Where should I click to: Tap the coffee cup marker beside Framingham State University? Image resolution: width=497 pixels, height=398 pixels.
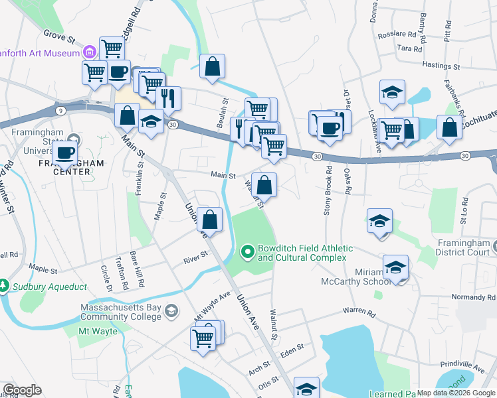pos(64,152)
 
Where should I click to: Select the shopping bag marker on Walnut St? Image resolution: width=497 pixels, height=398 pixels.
pos(264,185)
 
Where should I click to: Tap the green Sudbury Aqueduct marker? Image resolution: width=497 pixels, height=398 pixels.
pos(5,287)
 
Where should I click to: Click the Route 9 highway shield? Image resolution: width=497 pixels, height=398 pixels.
pos(60,110)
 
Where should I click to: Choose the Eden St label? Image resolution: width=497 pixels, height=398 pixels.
pos(292,348)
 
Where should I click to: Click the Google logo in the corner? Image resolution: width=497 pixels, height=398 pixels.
pos(21,390)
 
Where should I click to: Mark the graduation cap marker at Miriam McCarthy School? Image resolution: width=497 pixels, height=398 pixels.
pos(396,267)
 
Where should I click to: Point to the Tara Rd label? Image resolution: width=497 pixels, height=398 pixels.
pos(409,48)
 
